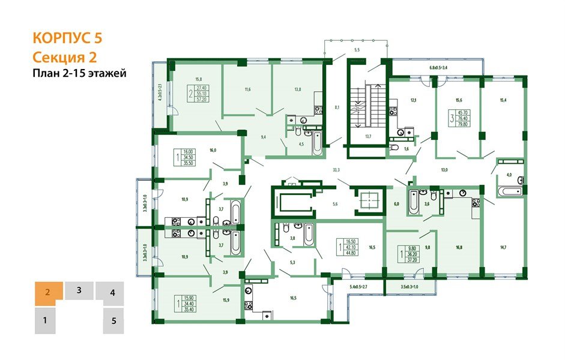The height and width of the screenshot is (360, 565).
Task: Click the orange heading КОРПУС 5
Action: click(67, 38)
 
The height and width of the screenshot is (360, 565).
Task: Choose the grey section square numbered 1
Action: click(45, 320)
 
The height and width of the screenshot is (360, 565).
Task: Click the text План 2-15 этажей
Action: click(79, 73)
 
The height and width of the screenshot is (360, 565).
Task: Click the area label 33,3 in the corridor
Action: click(336, 170)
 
